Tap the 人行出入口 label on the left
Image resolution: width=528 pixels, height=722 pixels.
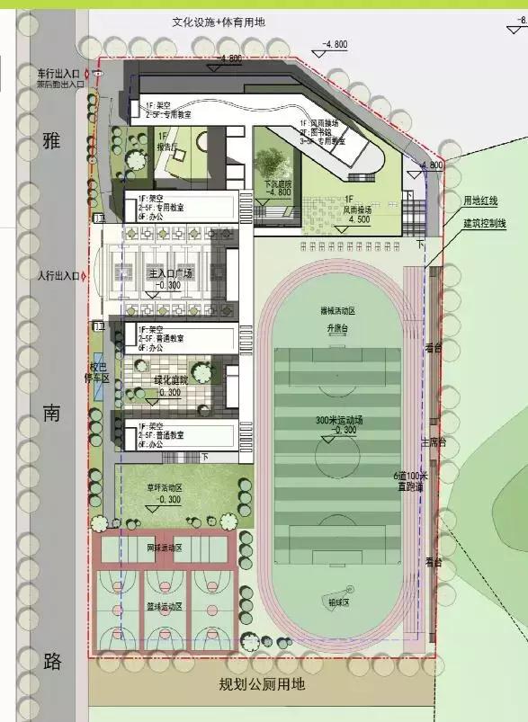(x=57, y=274)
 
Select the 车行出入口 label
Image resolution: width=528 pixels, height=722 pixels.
(x=57, y=73)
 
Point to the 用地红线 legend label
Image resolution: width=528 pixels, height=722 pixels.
(x=480, y=201)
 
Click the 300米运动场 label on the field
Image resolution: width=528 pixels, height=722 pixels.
(x=338, y=421)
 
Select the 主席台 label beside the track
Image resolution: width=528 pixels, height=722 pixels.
(x=434, y=443)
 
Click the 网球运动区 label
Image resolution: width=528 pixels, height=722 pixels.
(x=165, y=548)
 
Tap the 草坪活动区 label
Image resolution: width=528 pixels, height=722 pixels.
(x=165, y=487)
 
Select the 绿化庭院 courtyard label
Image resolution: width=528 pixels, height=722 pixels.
(x=171, y=379)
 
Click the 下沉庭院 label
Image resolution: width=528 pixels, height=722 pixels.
(x=277, y=182)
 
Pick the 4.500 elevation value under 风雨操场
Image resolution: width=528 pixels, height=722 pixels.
(x=358, y=218)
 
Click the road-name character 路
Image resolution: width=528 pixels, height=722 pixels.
(x=52, y=663)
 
